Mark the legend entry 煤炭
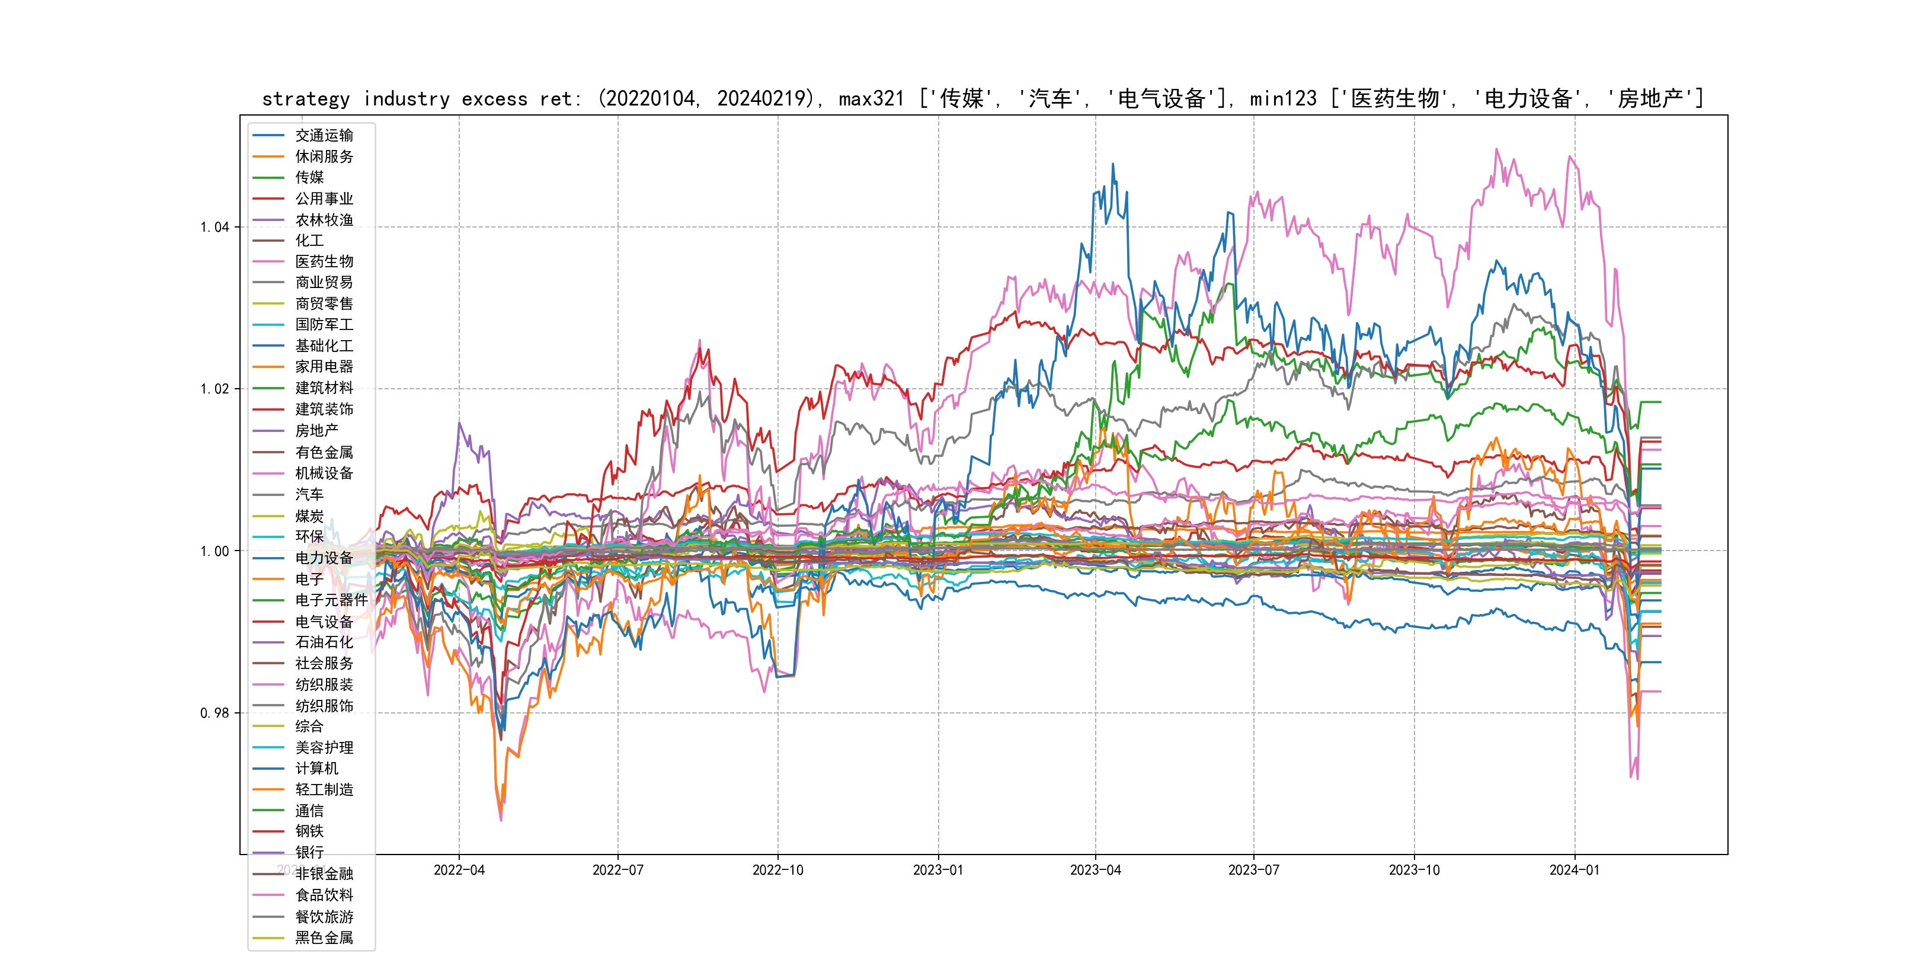click(309, 516)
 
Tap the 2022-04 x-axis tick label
click(459, 871)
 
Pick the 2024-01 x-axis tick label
click(1574, 871)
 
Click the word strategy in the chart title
click(306, 99)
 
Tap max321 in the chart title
click(871, 99)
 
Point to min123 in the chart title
click(1283, 99)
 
